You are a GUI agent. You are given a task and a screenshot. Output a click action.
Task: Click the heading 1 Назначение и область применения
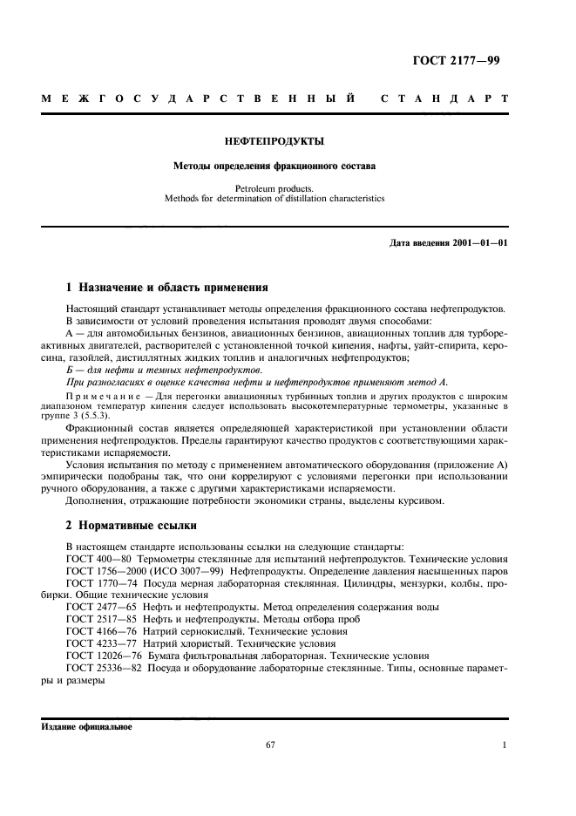tap(167, 287)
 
